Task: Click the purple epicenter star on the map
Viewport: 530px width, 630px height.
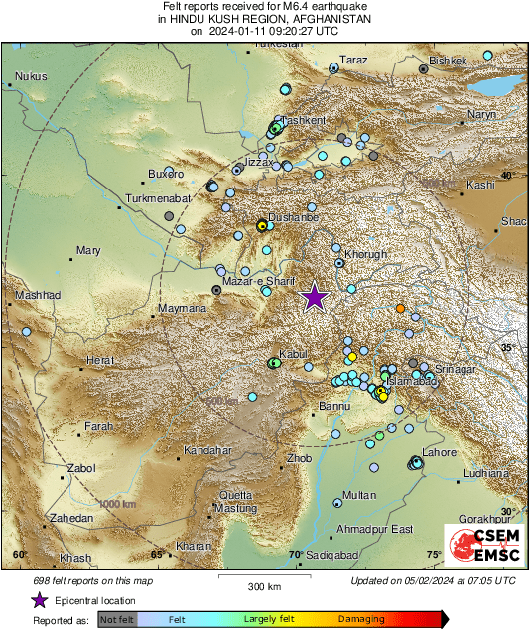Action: [315, 297]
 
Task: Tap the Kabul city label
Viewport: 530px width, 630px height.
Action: [294, 354]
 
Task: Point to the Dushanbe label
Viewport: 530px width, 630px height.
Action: [295, 216]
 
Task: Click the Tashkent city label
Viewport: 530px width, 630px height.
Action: [304, 120]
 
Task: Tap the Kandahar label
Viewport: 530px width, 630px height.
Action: [206, 450]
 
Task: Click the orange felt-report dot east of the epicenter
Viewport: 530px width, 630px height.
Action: [400, 309]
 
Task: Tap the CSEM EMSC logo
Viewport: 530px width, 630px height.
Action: [482, 545]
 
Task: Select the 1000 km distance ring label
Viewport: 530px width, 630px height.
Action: [116, 505]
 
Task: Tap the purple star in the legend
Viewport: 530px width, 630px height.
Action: [39, 600]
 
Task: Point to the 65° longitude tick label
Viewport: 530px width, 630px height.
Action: [156, 555]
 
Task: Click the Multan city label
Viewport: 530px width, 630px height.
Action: [358, 495]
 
